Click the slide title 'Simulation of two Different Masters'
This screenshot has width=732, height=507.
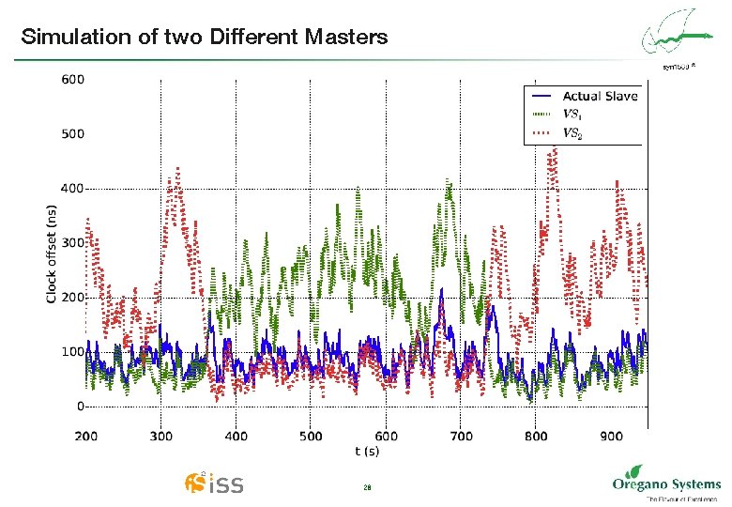204,38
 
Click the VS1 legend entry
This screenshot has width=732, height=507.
572,115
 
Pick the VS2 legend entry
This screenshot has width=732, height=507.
572,133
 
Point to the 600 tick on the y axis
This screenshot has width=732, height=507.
72,80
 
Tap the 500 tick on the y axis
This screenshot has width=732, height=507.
72,134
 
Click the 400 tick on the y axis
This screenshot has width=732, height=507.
72,189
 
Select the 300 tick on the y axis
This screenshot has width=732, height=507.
72,243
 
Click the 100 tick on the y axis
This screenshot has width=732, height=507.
72,352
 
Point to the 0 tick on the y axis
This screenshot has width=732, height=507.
79,407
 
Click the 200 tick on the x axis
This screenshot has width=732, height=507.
86,436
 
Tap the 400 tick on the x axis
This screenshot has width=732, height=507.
236,436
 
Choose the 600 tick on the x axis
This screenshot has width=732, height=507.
387,436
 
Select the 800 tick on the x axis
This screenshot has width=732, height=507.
536,436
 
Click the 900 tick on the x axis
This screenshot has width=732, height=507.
611,436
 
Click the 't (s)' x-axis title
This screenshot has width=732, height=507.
367,452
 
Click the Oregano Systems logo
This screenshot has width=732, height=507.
665,484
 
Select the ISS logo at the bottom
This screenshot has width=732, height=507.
215,484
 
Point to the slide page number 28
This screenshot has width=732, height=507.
367,488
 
